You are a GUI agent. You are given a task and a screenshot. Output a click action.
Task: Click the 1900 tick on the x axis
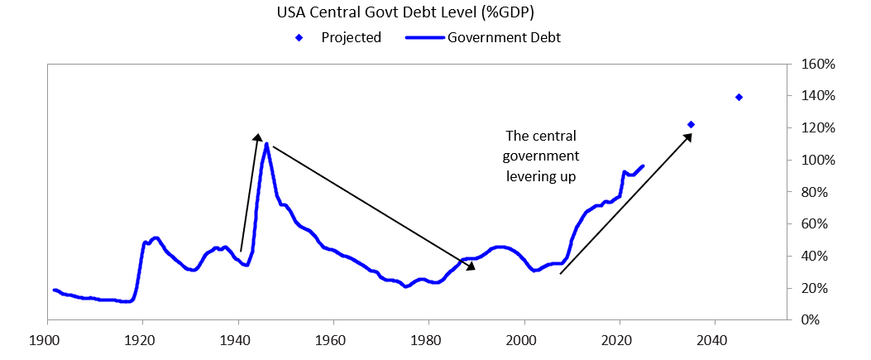pyautogui.click(x=47, y=339)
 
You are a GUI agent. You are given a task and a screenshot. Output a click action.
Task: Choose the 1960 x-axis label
pyautogui.click(x=333, y=339)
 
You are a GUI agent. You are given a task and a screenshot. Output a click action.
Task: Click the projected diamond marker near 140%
pyautogui.click(x=739, y=97)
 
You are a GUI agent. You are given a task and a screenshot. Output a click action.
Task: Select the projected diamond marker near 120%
pyautogui.click(x=691, y=124)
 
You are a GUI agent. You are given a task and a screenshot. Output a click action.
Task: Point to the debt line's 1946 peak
pyautogui.click(x=266, y=144)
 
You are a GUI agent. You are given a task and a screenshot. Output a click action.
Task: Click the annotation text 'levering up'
pyautogui.click(x=542, y=177)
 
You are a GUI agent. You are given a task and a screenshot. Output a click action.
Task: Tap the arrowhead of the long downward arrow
pyautogui.click(x=471, y=266)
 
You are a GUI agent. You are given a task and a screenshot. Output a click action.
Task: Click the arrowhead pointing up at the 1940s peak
pyautogui.click(x=257, y=138)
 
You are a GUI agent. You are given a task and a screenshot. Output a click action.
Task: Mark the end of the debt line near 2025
pyautogui.click(x=643, y=166)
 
